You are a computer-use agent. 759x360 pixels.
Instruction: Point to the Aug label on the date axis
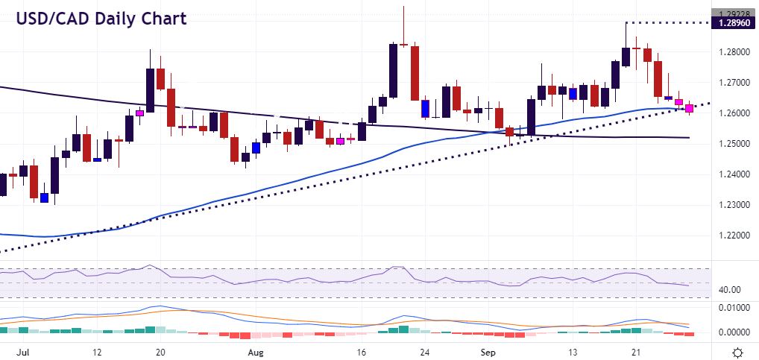click(255, 351)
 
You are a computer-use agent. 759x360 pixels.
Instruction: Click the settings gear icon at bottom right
click(737, 352)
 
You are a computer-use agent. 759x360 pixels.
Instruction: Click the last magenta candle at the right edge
click(689, 109)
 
